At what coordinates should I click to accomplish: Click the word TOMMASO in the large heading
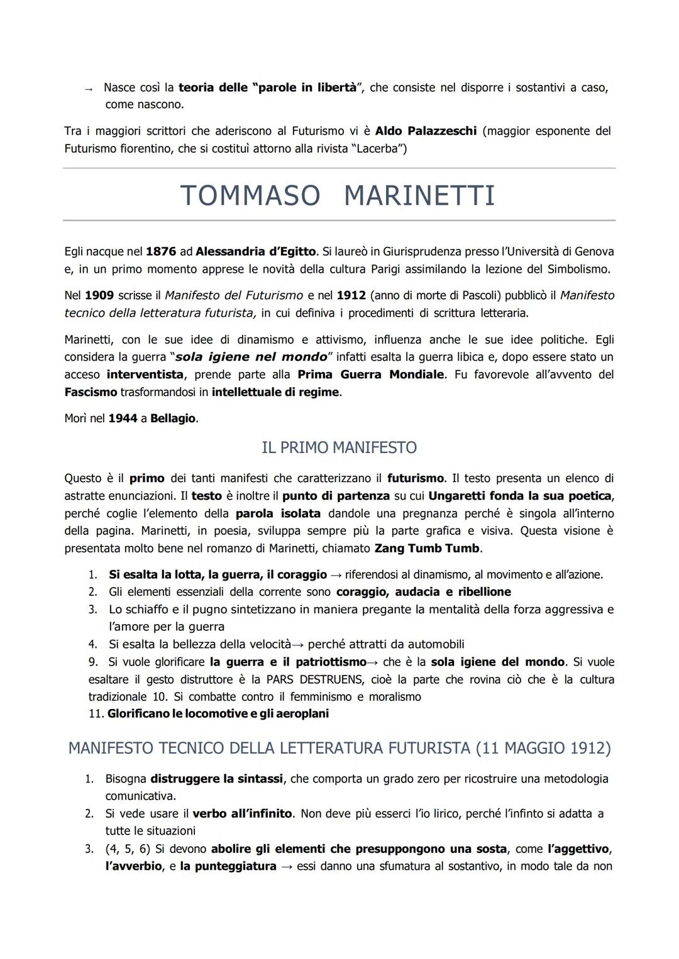tap(250, 195)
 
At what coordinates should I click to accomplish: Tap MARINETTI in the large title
tap(419, 195)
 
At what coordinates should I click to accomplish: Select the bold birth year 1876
tap(160, 251)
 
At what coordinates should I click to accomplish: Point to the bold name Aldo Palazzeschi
tap(426, 131)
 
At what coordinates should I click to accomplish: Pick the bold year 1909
tap(99, 295)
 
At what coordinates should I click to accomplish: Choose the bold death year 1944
tap(123, 418)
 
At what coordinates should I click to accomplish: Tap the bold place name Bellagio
tap(173, 418)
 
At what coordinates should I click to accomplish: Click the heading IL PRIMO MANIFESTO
tap(339, 447)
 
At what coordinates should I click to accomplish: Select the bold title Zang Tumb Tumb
tap(427, 547)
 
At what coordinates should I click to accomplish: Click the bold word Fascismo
tap(91, 392)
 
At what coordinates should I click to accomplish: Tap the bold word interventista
tap(145, 374)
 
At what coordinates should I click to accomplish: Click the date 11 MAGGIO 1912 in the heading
tap(543, 748)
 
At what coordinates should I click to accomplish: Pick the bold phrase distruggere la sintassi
tap(216, 779)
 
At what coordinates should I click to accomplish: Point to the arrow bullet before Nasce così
tap(89, 89)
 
